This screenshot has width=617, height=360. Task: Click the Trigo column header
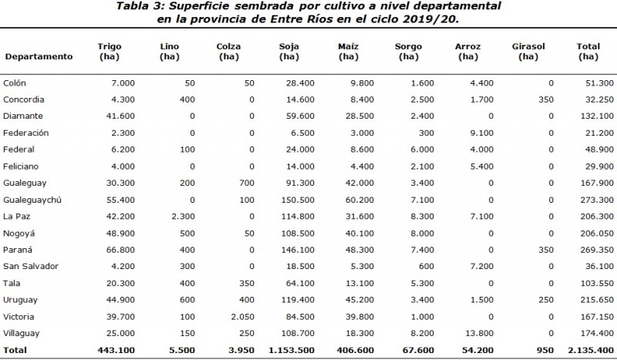tap(110, 51)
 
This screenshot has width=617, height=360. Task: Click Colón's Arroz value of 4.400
tap(480, 82)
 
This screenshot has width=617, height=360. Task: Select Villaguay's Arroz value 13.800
tap(477, 332)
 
